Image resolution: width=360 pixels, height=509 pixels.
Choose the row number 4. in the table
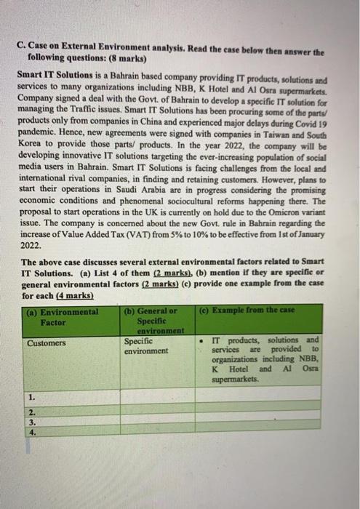(32, 430)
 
